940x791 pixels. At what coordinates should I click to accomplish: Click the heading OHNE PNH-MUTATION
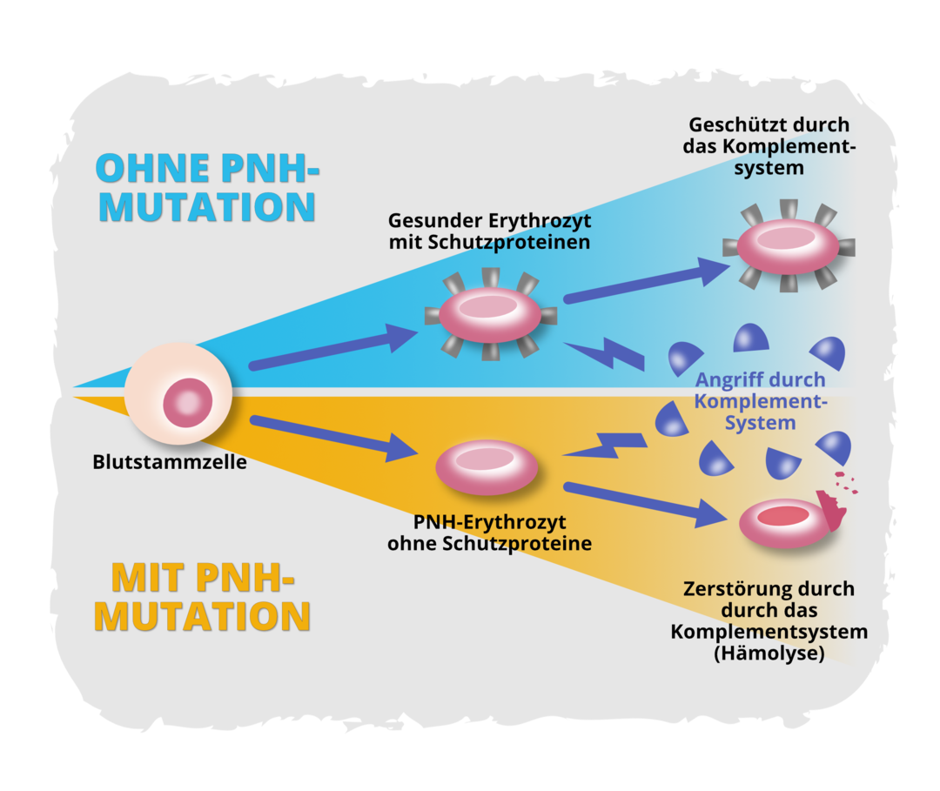206,187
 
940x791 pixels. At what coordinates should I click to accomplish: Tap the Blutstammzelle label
170,463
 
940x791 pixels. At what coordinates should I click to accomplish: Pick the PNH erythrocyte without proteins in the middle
487,467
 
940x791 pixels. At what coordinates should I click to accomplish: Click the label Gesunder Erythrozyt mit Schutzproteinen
489,231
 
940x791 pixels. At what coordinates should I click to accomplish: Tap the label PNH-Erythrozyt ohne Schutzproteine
489,533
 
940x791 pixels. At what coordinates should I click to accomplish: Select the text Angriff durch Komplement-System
759,401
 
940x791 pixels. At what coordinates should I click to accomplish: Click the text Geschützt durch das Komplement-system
769,146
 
